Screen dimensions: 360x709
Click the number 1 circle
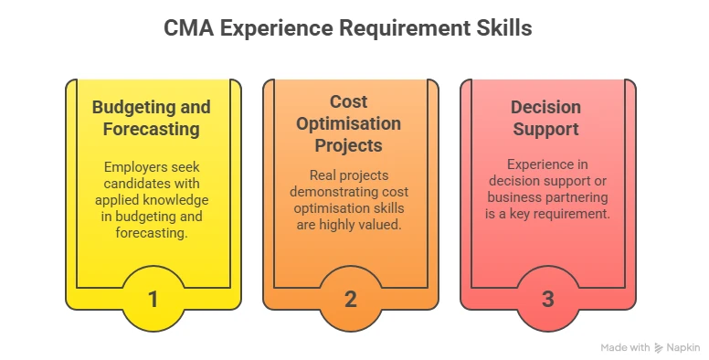point(153,299)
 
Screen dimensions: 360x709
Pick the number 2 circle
point(350,299)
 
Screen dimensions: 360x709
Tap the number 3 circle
point(548,299)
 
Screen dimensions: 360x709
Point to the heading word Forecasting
point(152,129)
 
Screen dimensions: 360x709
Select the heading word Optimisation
point(349,123)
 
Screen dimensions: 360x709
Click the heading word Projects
point(349,145)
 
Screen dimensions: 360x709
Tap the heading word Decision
point(546,107)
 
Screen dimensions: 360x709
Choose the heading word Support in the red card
point(546,129)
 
